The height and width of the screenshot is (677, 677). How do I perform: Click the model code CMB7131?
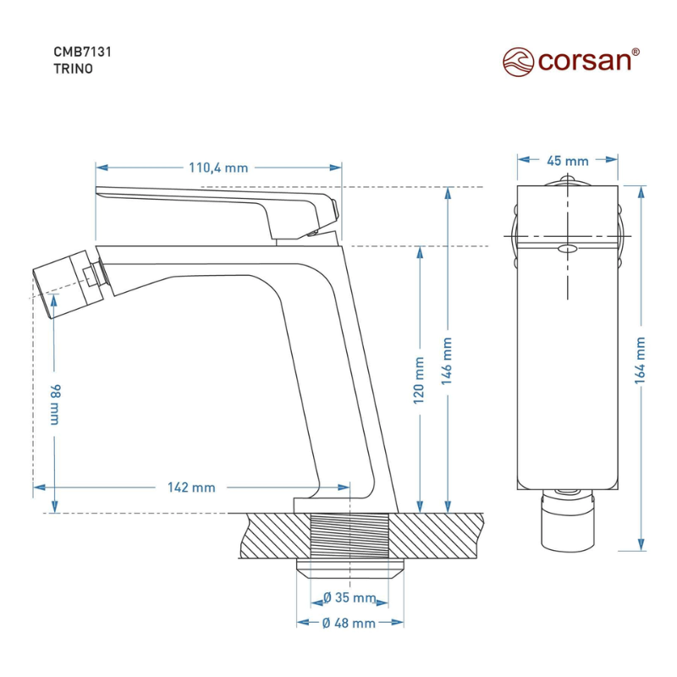pyautogui.click(x=82, y=52)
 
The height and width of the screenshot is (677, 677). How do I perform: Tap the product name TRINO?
pyautogui.click(x=73, y=69)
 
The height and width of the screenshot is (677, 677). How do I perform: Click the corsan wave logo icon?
pyautogui.click(x=518, y=62)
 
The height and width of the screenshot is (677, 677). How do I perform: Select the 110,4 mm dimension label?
pyautogui.click(x=218, y=168)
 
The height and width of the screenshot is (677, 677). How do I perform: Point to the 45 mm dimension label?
pyautogui.click(x=568, y=161)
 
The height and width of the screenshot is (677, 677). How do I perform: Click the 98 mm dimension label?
pyautogui.click(x=55, y=405)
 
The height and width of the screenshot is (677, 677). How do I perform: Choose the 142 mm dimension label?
pyautogui.click(x=191, y=487)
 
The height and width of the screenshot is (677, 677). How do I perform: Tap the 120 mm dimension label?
pyautogui.click(x=419, y=380)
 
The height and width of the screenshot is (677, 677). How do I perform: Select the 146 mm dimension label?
pyautogui.click(x=447, y=361)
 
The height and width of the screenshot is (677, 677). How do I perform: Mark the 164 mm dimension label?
pyautogui.click(x=640, y=361)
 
